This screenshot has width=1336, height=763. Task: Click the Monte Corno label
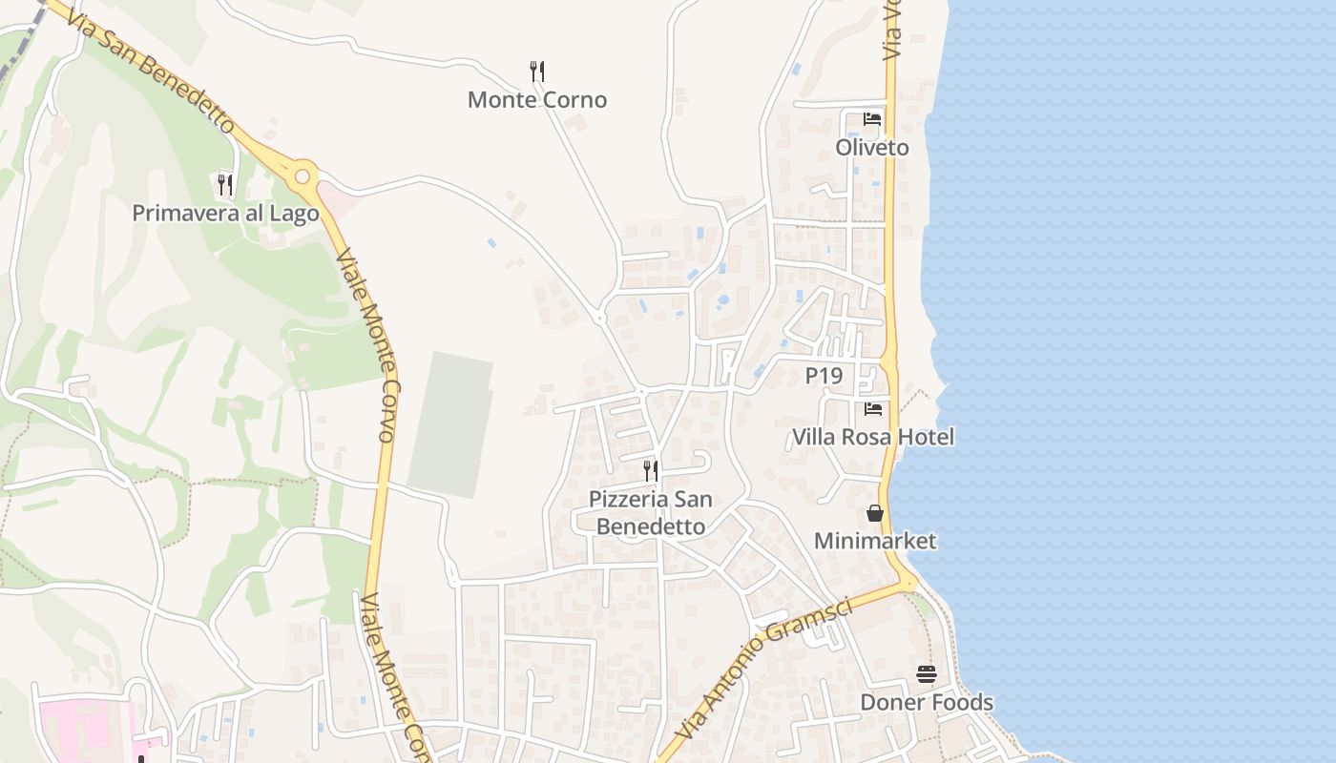[x=537, y=100]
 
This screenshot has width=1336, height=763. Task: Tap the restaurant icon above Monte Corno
[x=537, y=71]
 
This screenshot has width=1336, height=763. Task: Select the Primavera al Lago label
[x=225, y=213]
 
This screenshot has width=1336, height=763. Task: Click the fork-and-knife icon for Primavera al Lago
[x=225, y=183]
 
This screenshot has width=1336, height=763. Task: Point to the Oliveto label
[x=872, y=148]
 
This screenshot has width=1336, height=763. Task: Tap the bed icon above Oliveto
[x=872, y=119]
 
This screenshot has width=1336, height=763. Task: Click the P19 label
[x=824, y=376]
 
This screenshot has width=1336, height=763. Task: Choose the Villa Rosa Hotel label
[x=873, y=438]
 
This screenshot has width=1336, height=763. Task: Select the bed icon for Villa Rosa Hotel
[x=873, y=409]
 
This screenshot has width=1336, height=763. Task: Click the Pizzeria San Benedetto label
[x=651, y=512]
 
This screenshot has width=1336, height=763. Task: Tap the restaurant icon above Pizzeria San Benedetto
[x=651, y=470]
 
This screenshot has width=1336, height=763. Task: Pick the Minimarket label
[x=875, y=542]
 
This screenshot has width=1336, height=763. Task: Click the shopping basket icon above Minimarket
[x=875, y=513]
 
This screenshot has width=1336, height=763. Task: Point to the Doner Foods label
[x=927, y=703]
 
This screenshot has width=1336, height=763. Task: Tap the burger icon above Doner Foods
[x=927, y=674]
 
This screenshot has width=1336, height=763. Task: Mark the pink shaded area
[x=86, y=730]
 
